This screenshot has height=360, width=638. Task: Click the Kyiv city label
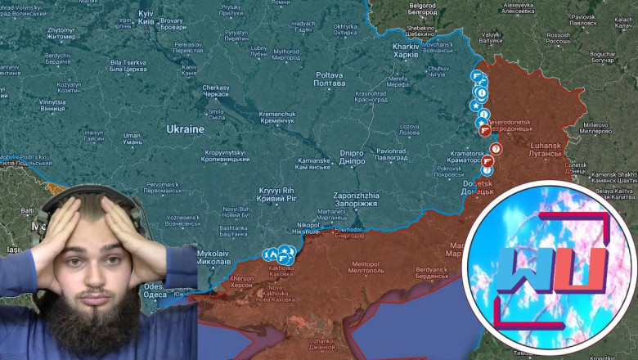point(147,17)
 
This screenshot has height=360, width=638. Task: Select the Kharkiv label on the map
point(407,50)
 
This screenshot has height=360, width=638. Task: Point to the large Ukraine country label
point(185,129)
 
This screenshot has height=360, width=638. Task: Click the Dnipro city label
point(352,157)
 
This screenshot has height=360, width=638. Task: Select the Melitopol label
point(364,268)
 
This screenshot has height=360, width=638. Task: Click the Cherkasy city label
point(215,91)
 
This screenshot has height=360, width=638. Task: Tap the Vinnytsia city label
point(52,106)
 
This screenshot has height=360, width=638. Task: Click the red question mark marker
point(495,148)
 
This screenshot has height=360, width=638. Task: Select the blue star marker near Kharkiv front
point(475,105)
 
